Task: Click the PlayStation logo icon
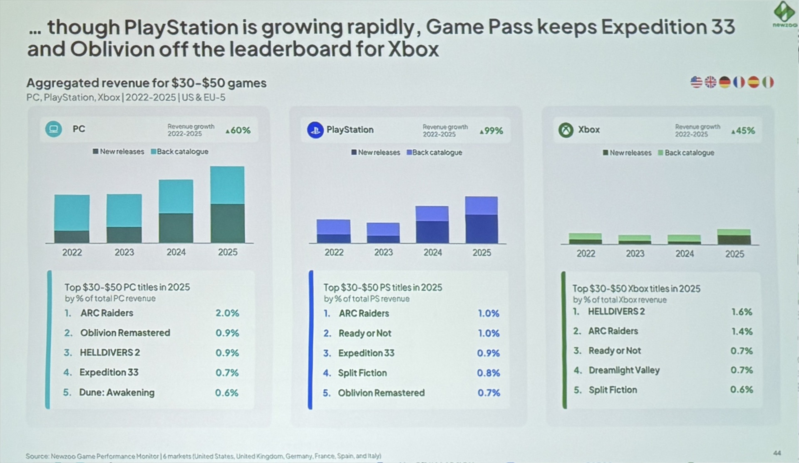click(x=315, y=130)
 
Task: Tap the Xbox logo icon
click(x=566, y=130)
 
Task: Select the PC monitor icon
click(x=53, y=129)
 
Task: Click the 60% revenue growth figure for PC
click(x=238, y=130)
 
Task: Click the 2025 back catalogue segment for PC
click(x=227, y=185)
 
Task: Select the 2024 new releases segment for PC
click(x=176, y=228)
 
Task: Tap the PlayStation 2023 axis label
click(x=383, y=253)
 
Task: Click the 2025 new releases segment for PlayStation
click(x=481, y=229)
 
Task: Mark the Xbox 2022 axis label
click(x=586, y=253)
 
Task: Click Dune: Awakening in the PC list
click(x=117, y=392)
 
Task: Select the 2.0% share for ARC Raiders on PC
click(x=227, y=313)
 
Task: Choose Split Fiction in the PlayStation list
click(x=362, y=373)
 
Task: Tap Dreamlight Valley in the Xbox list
click(x=624, y=370)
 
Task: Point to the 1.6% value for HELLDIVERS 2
click(x=742, y=312)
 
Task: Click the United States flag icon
click(x=696, y=82)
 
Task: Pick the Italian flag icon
click(x=768, y=82)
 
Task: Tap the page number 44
click(x=777, y=453)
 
